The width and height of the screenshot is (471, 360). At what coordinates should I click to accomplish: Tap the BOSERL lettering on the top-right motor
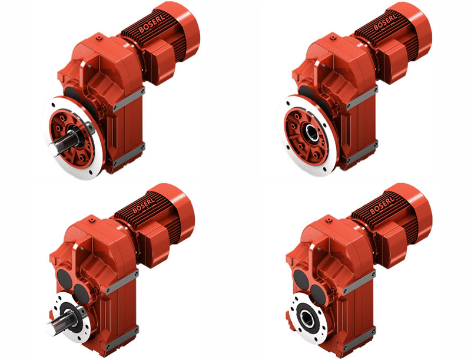coord(385,21)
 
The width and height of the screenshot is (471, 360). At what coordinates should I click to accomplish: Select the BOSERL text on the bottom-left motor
coord(144,204)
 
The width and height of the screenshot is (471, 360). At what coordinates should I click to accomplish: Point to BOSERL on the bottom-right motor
coord(382,204)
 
